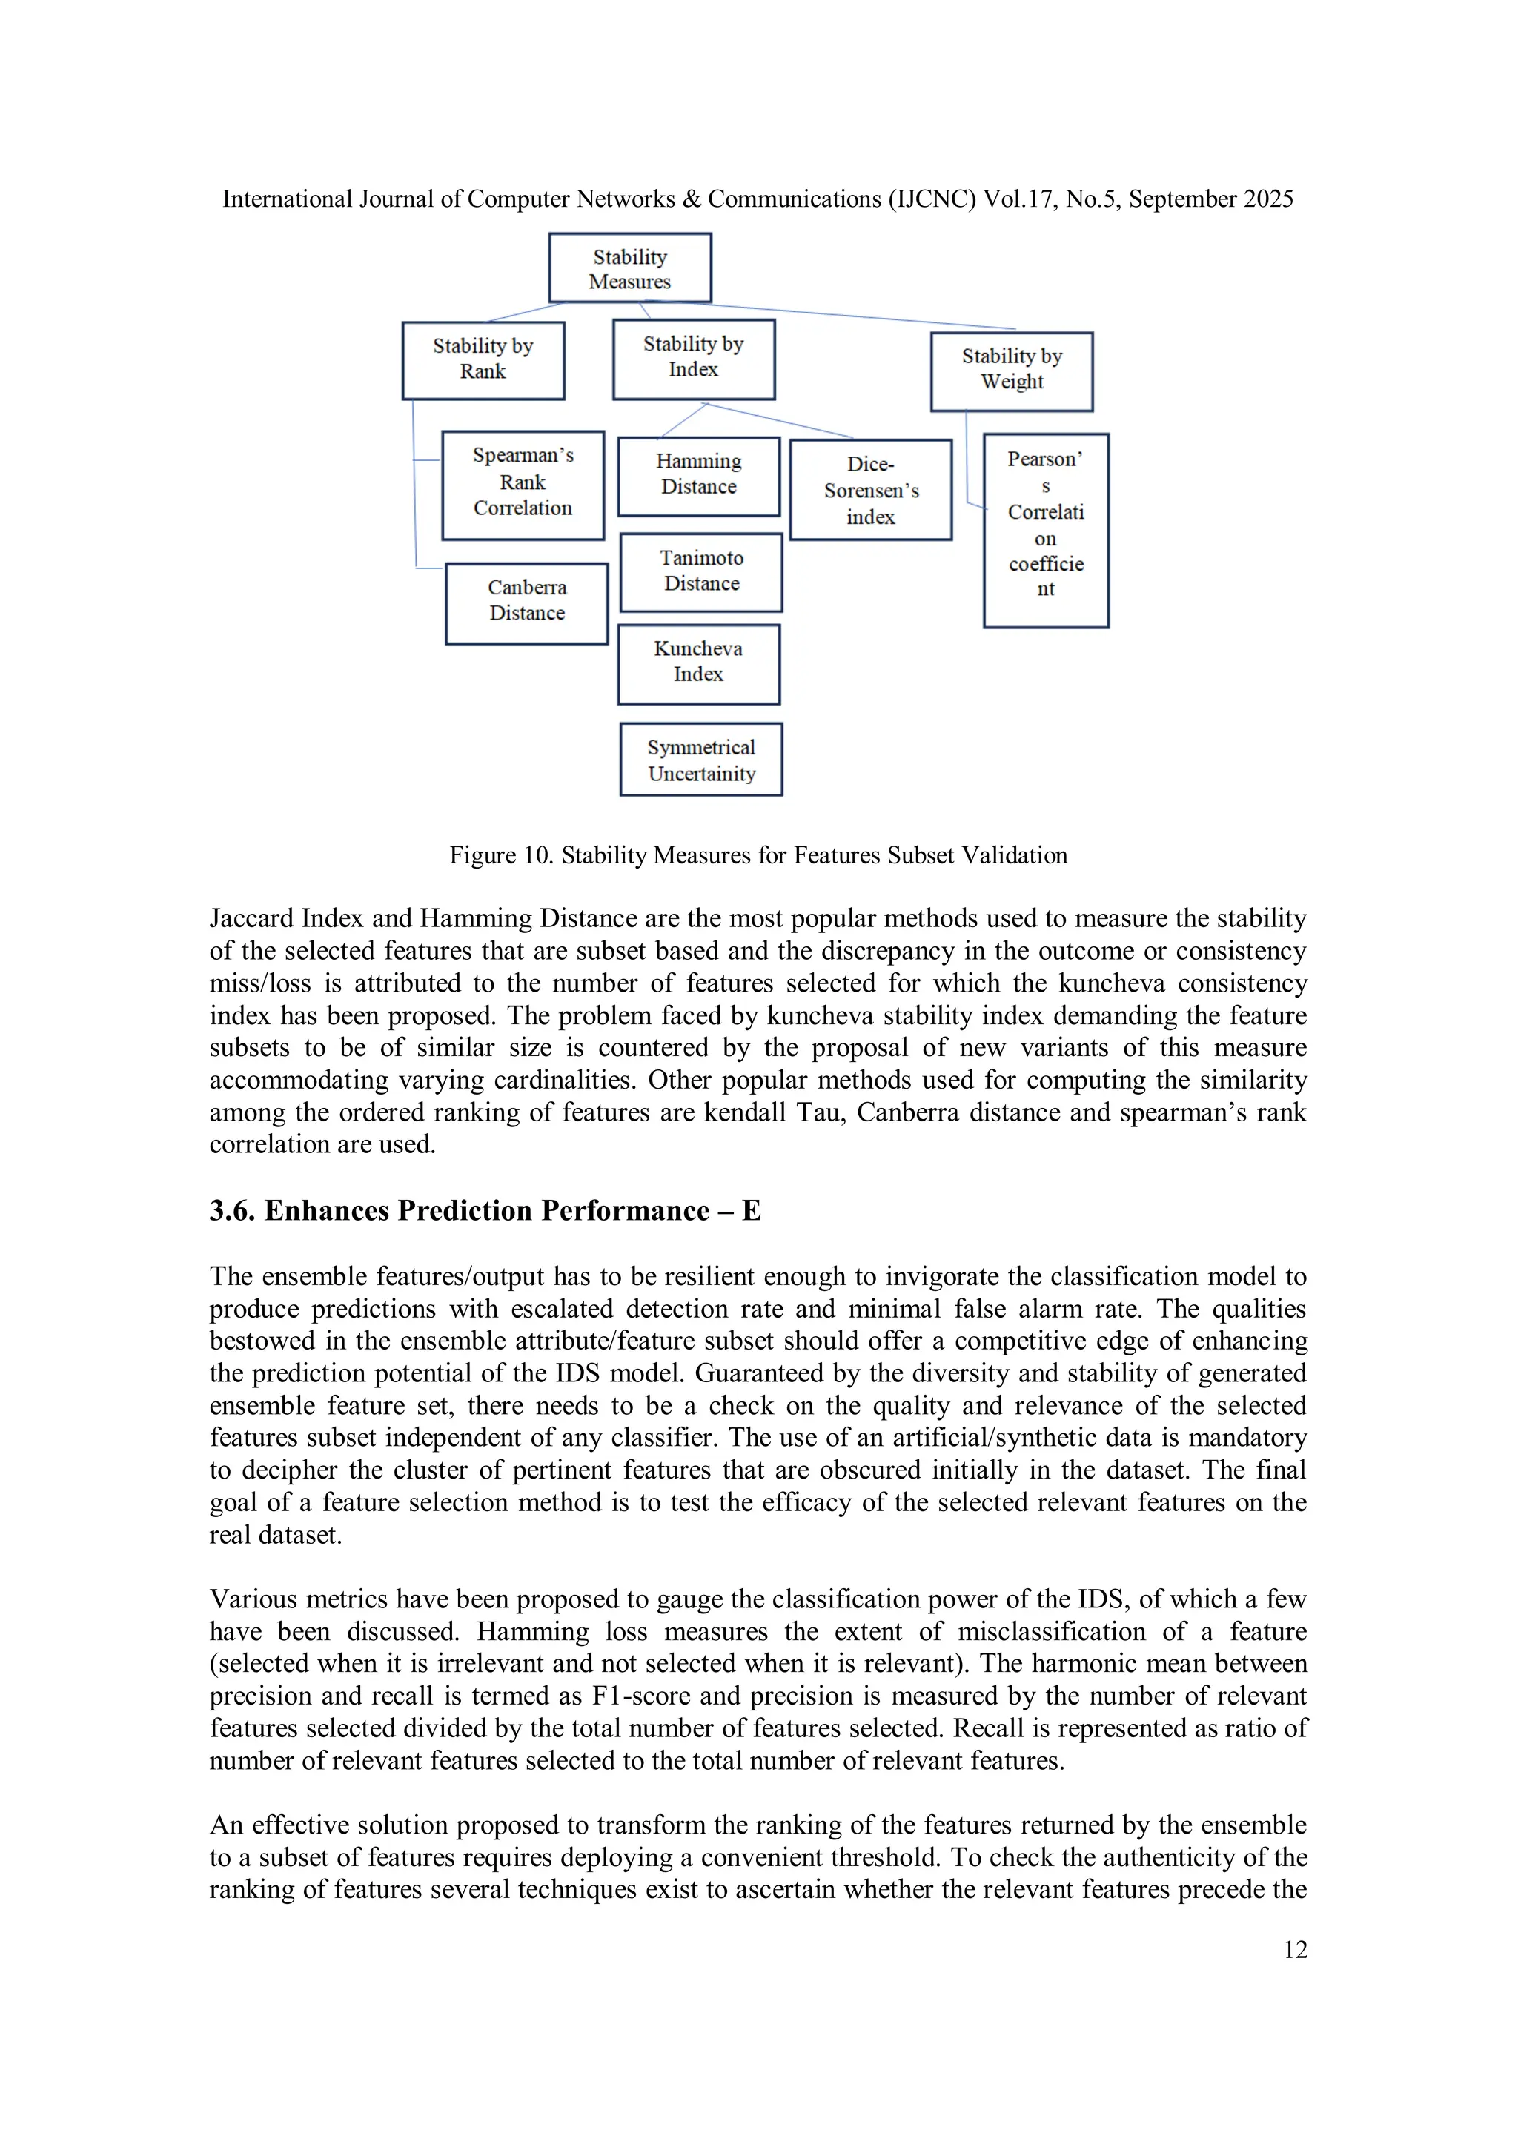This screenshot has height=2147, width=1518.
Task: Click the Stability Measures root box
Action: tap(629, 268)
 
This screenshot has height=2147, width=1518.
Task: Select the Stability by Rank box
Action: tap(483, 360)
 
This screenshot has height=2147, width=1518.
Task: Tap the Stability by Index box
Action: tap(693, 359)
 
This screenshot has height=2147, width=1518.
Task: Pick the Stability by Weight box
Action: tap(1011, 371)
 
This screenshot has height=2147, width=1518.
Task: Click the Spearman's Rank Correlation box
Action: tap(523, 485)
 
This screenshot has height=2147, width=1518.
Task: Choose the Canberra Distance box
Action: tap(526, 603)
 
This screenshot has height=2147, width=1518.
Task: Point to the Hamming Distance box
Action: tap(699, 476)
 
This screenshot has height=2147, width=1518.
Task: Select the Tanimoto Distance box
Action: tap(701, 572)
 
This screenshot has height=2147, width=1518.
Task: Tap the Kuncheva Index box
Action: tap(699, 664)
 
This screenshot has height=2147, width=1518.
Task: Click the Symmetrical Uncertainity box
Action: tap(701, 760)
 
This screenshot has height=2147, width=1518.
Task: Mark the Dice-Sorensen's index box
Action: tap(871, 490)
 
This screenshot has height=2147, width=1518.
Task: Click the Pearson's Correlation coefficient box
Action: tap(1046, 530)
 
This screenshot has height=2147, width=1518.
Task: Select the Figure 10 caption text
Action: tap(758, 856)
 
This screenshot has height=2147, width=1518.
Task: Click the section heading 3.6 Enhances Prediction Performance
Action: tap(485, 1211)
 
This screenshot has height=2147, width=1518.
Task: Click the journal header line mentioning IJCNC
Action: tap(758, 199)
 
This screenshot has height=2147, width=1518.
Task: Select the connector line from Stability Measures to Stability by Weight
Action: tap(842, 315)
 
